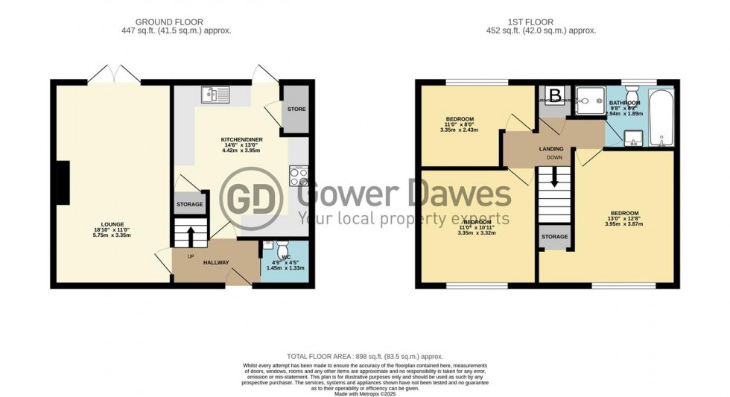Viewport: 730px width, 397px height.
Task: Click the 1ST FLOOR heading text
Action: point(546,22)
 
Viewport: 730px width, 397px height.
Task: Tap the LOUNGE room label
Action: point(112,229)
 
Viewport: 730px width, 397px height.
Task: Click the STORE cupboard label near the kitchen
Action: point(296,109)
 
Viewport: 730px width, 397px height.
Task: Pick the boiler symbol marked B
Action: point(555,95)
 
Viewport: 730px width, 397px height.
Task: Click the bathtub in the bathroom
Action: point(661,118)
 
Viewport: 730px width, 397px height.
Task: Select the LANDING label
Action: point(551,149)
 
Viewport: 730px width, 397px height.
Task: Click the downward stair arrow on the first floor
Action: point(552,179)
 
